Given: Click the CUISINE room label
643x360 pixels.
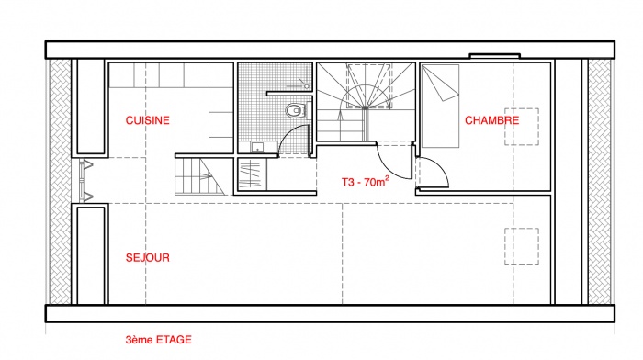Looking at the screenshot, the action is coord(147,120).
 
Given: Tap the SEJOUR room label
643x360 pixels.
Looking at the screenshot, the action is coord(147,257).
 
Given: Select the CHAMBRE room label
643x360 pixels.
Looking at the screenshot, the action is coord(491,120).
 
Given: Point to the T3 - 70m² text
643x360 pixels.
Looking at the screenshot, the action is coord(366,182).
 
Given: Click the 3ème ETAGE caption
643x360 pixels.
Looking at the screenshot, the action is coord(158,340).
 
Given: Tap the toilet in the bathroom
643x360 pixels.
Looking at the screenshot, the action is coord(296,111).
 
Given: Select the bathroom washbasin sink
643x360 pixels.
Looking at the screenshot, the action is coord(258,146).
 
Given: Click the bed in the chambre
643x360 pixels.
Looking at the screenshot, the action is coord(440,106).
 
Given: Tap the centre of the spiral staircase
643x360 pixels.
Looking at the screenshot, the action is coord(365,107).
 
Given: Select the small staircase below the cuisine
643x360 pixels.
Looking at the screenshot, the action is coord(199,176).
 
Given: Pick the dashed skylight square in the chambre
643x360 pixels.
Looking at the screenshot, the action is coord(522,127).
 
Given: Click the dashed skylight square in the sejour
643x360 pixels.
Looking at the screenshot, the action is coord(522,246).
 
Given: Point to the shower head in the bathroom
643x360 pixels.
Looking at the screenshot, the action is coord(306,86).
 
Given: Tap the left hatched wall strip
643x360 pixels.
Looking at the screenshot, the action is coord(61,181).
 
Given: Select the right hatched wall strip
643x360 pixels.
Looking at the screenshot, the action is coord(600,181).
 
